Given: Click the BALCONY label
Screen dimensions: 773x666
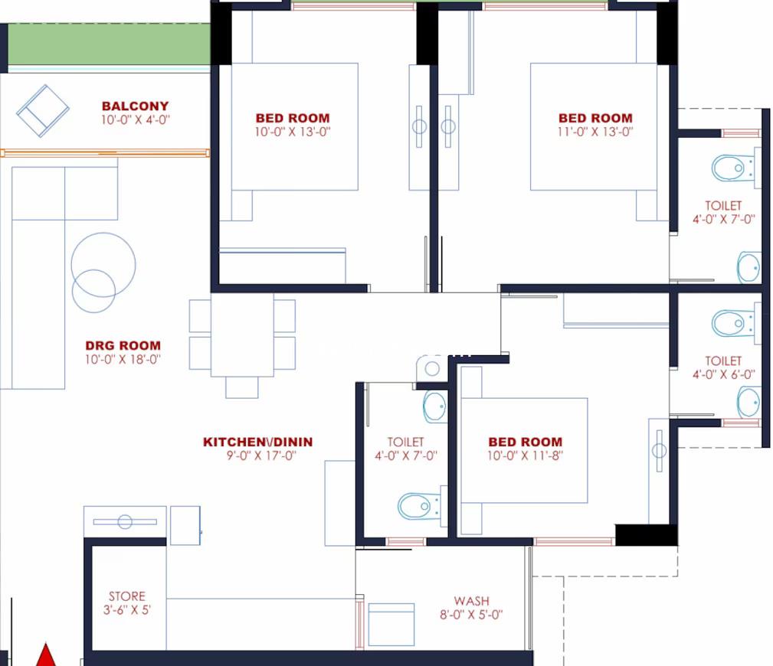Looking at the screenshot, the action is [x=135, y=106].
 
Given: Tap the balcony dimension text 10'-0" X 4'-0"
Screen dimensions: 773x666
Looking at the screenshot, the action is [x=136, y=119].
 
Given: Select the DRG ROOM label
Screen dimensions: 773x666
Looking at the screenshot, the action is [x=123, y=345].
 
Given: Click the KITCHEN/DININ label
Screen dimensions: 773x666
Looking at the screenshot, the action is [x=258, y=442].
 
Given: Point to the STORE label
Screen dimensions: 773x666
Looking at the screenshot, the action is [x=127, y=596].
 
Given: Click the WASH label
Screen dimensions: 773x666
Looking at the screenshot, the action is [x=471, y=601].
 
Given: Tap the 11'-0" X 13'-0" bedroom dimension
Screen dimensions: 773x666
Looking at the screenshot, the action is [x=595, y=132].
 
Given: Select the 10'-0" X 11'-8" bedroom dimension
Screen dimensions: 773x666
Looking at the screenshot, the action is [x=525, y=455].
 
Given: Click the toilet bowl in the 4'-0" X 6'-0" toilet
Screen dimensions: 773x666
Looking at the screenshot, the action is [x=733, y=323].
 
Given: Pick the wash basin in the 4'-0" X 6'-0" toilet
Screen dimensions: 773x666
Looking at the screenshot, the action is [x=748, y=402].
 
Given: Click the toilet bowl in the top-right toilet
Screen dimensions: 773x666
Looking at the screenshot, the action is [x=733, y=168].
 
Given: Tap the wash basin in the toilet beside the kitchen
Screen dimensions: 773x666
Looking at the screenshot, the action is [x=435, y=406].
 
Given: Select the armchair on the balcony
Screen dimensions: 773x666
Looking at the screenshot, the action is [x=43, y=111].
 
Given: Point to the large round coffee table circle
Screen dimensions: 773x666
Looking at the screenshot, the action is [x=103, y=265].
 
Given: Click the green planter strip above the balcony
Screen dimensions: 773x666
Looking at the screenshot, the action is [x=109, y=44].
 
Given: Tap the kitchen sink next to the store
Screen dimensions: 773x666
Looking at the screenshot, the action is [x=125, y=521].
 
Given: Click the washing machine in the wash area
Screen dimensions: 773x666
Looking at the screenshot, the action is [x=391, y=624].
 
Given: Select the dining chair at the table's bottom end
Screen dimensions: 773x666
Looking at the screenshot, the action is [x=241, y=387].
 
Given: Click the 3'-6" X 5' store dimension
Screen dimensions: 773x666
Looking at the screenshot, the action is [x=126, y=610].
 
